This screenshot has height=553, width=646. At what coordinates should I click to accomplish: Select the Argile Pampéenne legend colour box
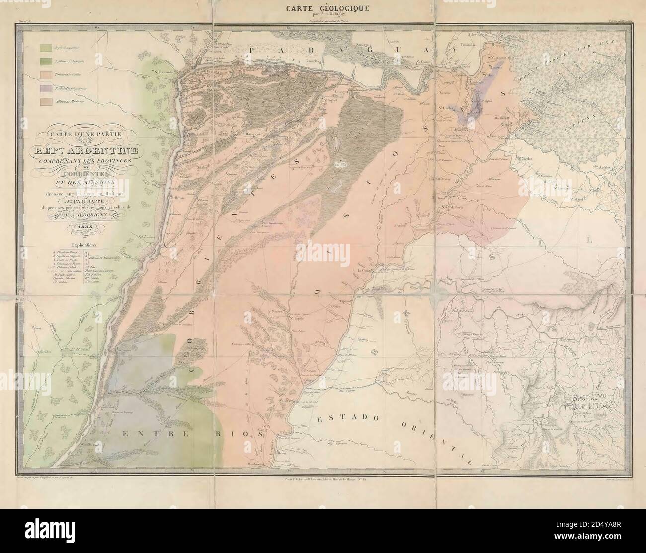point(45,48)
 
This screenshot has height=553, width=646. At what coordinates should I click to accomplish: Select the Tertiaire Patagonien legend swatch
point(45,61)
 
